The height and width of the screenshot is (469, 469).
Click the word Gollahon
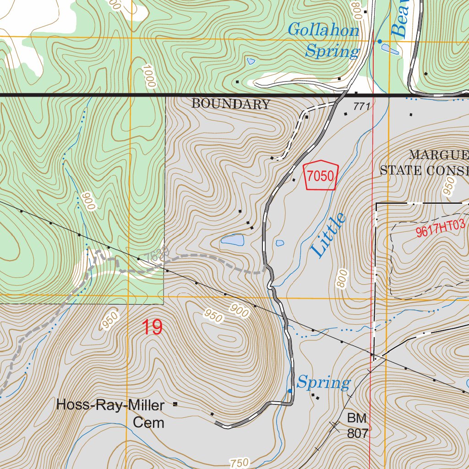(x=323, y=31)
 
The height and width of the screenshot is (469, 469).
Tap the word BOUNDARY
(x=231, y=104)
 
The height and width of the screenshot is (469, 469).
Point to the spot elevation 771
(x=361, y=107)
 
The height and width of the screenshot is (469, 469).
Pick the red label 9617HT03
(x=440, y=228)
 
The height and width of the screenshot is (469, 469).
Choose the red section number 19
(x=152, y=327)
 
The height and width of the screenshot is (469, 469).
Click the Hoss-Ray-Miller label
(x=110, y=405)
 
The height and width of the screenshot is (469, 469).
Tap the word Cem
(x=148, y=422)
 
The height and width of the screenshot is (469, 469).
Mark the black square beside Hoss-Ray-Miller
(x=175, y=404)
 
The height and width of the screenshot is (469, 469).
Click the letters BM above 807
(x=357, y=418)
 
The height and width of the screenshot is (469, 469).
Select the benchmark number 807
(x=358, y=433)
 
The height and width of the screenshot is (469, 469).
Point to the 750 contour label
(x=239, y=462)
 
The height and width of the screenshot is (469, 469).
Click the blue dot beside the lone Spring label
(x=289, y=391)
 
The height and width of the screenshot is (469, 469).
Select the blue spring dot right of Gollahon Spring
(x=379, y=42)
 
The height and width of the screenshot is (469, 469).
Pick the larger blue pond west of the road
(x=233, y=240)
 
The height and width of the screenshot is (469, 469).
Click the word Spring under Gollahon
(x=332, y=51)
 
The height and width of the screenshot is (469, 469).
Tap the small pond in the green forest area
(x=251, y=61)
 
